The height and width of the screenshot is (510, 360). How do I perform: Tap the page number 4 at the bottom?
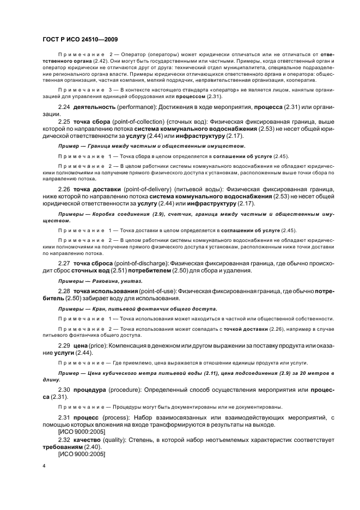[44, 466]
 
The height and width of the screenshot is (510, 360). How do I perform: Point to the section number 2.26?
[64, 189]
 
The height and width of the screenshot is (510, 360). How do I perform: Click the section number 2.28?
[64, 290]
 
